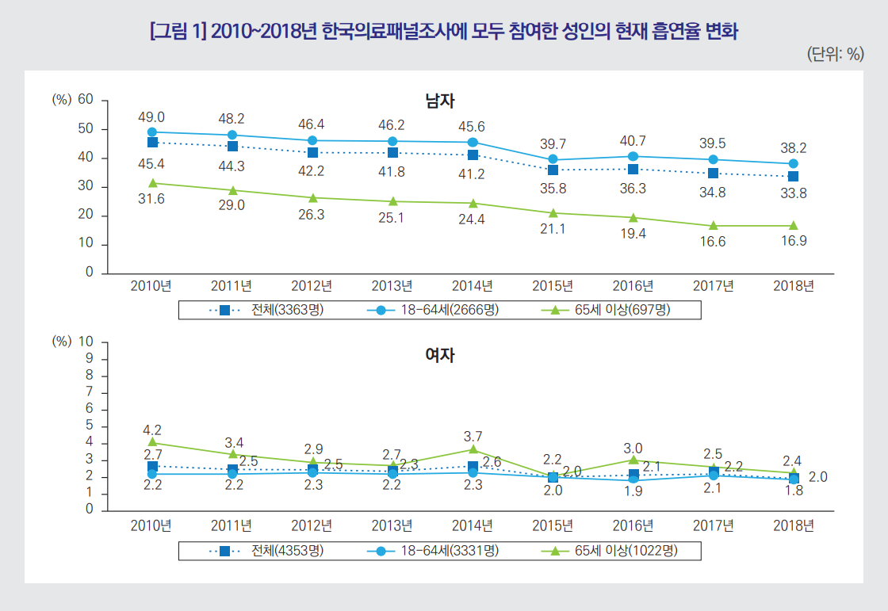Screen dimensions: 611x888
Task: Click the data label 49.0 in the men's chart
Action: tap(151, 117)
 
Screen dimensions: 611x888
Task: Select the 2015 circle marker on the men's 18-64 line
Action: tap(553, 159)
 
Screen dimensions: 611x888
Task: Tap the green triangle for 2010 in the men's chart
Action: tap(151, 183)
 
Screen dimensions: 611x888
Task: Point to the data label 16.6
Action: tap(713, 242)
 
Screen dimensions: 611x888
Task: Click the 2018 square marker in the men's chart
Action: tap(794, 176)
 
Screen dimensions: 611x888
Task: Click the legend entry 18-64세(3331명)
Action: tap(449, 550)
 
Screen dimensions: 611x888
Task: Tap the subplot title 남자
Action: tap(440, 101)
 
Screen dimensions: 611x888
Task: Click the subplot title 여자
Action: tap(440, 355)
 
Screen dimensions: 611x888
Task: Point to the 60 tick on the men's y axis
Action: tap(86, 100)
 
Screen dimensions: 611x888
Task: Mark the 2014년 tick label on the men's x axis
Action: tap(472, 285)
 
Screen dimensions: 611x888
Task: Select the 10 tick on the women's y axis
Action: tap(86, 342)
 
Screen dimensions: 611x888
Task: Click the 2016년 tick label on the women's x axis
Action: tap(633, 525)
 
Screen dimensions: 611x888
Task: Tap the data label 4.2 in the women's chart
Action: tap(151, 430)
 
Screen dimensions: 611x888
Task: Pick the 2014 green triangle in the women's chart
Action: tap(473, 449)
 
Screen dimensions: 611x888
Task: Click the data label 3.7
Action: tap(473, 437)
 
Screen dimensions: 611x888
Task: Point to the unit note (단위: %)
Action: tap(834, 54)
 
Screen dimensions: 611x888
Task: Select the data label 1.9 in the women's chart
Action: tap(633, 491)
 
